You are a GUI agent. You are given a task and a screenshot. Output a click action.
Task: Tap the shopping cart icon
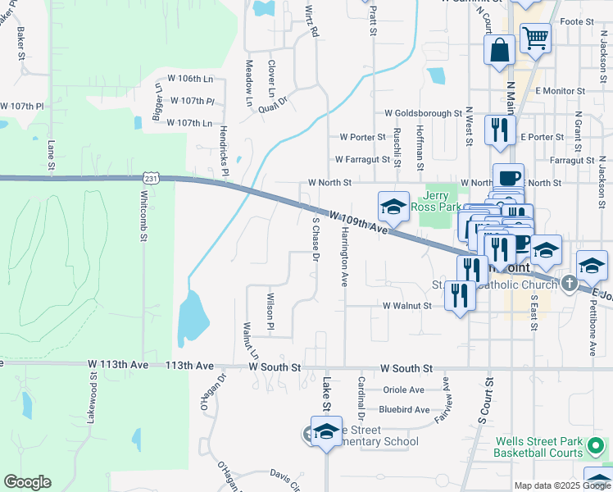pos(535,38)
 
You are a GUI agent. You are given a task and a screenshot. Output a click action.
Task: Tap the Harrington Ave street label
pos(343,257)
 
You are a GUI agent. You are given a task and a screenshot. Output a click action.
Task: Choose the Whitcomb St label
pos(143,216)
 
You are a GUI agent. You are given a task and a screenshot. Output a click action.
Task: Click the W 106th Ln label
pos(189,79)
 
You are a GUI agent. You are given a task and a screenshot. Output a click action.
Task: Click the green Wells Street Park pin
pos(597,447)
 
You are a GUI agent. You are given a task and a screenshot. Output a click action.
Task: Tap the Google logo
pos(27,482)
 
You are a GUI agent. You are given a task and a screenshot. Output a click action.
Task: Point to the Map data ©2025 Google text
pos(561,485)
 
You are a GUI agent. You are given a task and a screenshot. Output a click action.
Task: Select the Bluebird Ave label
pos(404,409)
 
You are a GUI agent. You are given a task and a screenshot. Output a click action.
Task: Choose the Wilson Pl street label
pos(269,307)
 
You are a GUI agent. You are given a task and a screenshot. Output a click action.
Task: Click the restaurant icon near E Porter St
pos(498,130)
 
